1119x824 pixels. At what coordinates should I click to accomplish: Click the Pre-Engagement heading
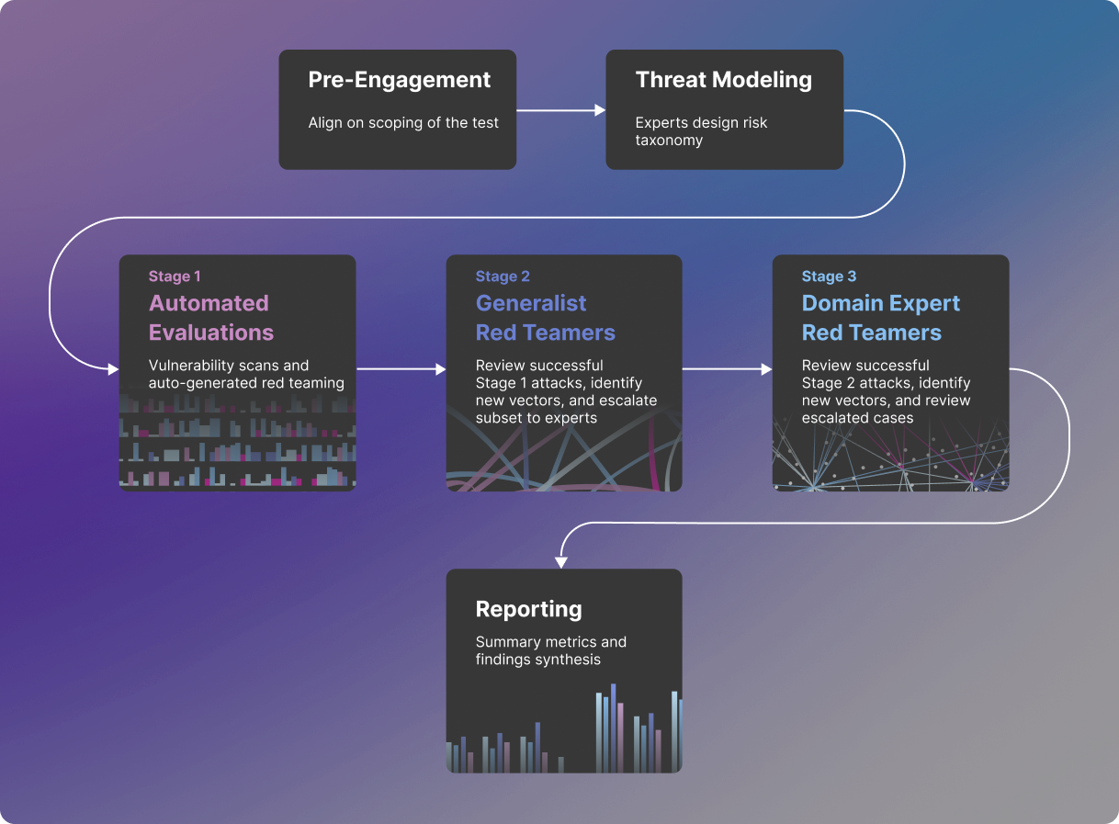tap(399, 81)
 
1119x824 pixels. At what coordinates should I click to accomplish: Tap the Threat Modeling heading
tap(724, 80)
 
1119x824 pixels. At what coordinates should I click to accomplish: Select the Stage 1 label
tap(175, 277)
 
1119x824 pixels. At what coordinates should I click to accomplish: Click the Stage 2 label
tap(503, 277)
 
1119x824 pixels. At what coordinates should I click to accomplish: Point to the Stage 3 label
tap(829, 277)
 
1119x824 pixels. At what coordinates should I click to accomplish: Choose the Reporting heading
tap(528, 609)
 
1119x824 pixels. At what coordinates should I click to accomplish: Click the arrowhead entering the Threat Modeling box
tap(600, 110)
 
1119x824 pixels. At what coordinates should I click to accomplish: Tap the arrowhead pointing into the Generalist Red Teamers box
tap(441, 369)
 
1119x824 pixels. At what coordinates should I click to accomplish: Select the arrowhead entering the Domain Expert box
tap(767, 369)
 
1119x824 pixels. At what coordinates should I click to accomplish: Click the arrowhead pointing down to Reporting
tap(561, 563)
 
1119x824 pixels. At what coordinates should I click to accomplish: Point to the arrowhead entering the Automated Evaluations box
tap(113, 369)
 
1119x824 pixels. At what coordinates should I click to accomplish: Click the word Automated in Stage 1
tap(209, 303)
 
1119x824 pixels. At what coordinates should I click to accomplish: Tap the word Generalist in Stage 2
tap(531, 303)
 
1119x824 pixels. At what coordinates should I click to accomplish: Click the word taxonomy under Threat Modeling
tap(669, 141)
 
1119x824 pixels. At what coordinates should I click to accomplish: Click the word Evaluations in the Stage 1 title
tap(210, 333)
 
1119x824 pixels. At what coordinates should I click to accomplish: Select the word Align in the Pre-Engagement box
tap(322, 123)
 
